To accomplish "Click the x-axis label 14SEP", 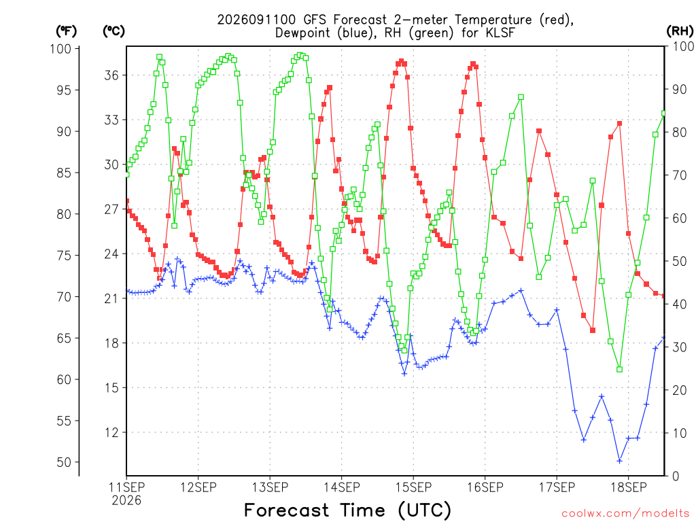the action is [341, 487].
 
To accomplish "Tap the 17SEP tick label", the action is [557, 487].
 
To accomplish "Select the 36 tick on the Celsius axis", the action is [112, 75].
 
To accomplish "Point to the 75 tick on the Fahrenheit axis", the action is [64, 256].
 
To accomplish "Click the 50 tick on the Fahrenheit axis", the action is [64, 462].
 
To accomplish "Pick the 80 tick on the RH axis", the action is [679, 133].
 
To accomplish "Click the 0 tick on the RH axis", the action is [676, 476].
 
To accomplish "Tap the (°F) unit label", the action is [66, 31].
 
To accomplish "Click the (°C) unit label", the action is [114, 31].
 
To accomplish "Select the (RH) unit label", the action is [680, 31].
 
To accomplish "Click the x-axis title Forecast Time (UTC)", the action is [347, 510].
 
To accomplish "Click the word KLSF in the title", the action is [499, 33].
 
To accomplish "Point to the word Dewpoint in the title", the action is [302, 33].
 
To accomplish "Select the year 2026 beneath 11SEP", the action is [126, 500].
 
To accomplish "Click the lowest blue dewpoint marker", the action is [620, 461].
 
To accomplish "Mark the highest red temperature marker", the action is [401, 61].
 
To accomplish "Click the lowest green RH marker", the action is [620, 369].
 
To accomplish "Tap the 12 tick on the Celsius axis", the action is [112, 432].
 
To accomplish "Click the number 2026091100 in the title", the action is [256, 20].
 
